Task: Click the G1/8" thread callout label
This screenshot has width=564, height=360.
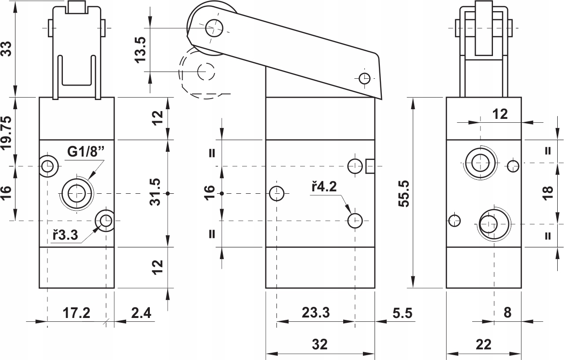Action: click(86, 152)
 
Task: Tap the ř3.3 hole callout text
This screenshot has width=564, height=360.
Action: click(65, 235)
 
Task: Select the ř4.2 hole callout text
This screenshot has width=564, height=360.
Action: click(324, 187)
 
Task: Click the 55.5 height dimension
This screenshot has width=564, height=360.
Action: click(404, 193)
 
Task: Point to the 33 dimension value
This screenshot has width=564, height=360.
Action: click(7, 48)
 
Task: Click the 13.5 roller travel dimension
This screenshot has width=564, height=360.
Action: click(140, 49)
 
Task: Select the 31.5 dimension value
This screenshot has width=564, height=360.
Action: click(156, 192)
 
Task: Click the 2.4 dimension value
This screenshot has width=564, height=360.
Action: click(141, 313)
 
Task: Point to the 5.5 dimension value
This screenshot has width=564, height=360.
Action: click(402, 313)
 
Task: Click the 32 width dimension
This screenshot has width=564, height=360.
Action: click(320, 345)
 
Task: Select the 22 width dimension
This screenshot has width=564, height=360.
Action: click(483, 345)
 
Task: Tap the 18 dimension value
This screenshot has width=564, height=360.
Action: click(548, 193)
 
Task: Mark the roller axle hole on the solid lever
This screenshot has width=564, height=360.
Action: click(214, 28)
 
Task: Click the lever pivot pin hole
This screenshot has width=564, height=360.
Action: click(364, 78)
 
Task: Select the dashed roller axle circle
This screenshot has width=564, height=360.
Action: click(206, 71)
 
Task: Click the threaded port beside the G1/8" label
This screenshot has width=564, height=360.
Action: click(76, 193)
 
